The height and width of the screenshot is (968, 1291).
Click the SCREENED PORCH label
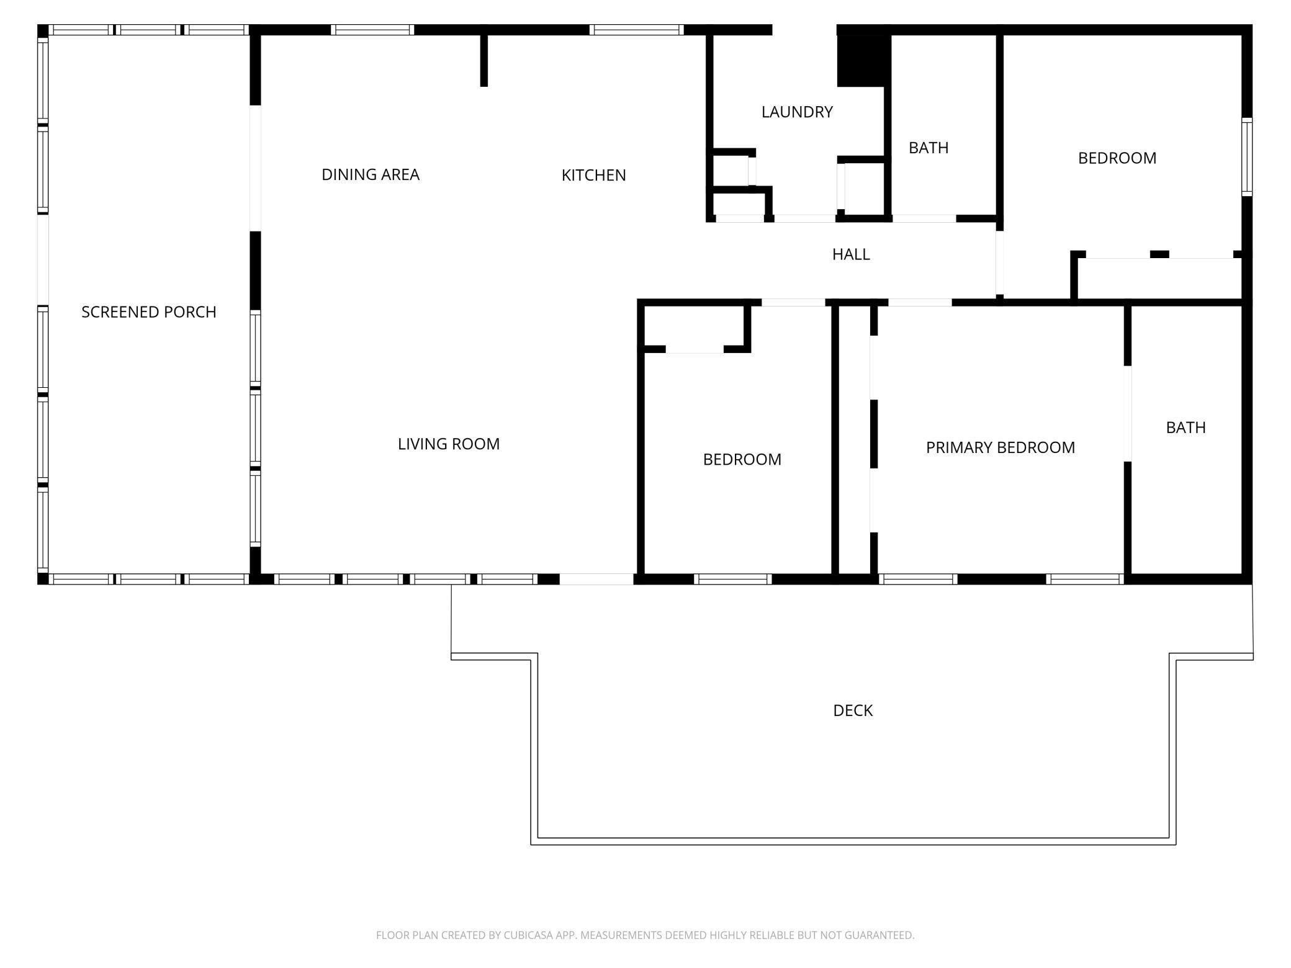[x=149, y=311]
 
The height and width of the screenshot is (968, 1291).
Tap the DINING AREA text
[x=371, y=174]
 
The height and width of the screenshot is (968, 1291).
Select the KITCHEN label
[x=593, y=175]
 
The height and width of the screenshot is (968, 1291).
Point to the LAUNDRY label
[x=797, y=112]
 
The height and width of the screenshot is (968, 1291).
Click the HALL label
[x=851, y=254]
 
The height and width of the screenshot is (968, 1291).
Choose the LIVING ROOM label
[x=449, y=444]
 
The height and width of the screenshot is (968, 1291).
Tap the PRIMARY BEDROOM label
[x=1001, y=447]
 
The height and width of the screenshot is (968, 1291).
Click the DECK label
[x=853, y=710]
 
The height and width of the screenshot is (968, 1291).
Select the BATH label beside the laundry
[x=929, y=148]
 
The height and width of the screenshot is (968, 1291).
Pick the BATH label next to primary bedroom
[x=1185, y=428]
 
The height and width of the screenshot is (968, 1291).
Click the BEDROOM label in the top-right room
[x=1117, y=158]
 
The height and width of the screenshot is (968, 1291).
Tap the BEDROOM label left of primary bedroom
[x=742, y=459]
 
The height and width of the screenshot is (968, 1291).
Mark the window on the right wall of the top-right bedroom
[x=1247, y=157]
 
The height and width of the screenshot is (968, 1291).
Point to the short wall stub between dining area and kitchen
[x=484, y=60]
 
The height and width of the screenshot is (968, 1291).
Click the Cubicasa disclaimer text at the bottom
[x=645, y=935]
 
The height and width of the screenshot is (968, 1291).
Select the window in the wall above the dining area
[x=372, y=30]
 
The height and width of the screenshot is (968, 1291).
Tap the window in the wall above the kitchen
[x=637, y=30]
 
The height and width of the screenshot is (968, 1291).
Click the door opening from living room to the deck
[x=596, y=579]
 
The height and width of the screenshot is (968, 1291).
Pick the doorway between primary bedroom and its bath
[x=1128, y=414]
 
